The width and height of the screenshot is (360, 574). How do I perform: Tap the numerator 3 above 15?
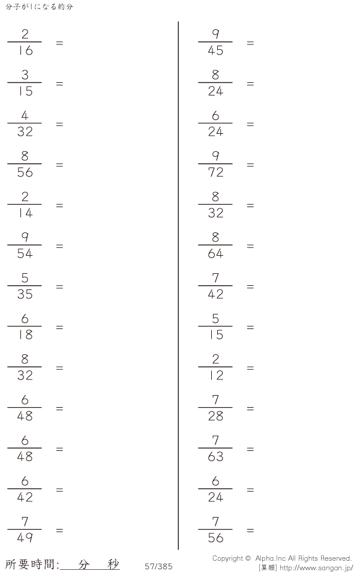pos(25,74)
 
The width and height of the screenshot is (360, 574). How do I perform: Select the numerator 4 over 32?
pos(25,115)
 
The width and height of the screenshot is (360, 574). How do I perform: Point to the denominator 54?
pos(25,253)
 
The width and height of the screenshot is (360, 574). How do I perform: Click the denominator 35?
pos(25,294)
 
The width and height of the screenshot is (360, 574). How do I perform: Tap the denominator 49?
pos(25,538)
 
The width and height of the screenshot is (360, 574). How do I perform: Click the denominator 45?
pos(215,50)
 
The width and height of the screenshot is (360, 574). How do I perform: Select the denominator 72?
pos(215,172)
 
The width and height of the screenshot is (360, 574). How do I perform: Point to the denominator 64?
pos(215,253)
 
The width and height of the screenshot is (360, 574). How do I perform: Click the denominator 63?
pos(215,456)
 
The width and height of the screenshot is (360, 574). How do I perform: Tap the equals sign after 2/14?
pos(59,205)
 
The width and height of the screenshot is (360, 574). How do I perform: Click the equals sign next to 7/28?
pos(250,408)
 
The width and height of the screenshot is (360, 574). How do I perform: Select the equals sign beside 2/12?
pos(250,368)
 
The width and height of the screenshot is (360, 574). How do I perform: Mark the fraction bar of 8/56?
pos(25,164)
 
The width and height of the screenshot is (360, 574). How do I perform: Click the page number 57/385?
pos(158,566)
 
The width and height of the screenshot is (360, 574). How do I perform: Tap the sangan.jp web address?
pos(316,568)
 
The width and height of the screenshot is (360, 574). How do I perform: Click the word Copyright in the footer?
pos(227,558)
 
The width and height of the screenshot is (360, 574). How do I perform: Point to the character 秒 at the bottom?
pos(113,564)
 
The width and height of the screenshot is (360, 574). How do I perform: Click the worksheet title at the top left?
pos(39,7)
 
